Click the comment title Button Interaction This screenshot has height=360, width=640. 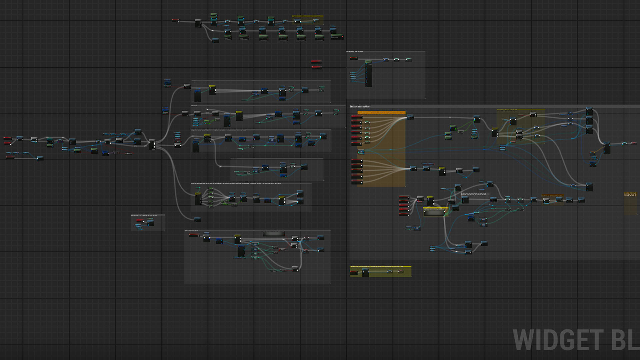[x=360, y=107]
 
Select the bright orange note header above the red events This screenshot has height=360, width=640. [x=381, y=113]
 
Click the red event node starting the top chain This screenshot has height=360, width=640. [x=175, y=21]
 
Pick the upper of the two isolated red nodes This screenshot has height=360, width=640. [x=316, y=62]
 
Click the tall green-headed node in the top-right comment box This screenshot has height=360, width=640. [x=368, y=73]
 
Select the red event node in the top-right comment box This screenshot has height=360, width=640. [x=354, y=58]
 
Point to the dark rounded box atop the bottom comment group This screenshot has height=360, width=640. [x=274, y=233]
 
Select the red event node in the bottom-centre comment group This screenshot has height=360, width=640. [x=194, y=235]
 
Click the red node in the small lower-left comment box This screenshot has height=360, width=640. [x=140, y=221]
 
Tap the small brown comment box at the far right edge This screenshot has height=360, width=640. [x=631, y=203]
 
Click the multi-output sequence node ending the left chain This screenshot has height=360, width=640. [x=152, y=145]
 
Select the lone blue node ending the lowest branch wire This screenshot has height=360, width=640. [x=198, y=219]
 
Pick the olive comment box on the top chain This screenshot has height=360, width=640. [x=307, y=20]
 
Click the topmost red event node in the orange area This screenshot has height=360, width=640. [x=357, y=117]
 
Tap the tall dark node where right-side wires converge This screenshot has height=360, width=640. [x=607, y=148]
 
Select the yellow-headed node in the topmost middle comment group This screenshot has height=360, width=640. [x=212, y=90]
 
